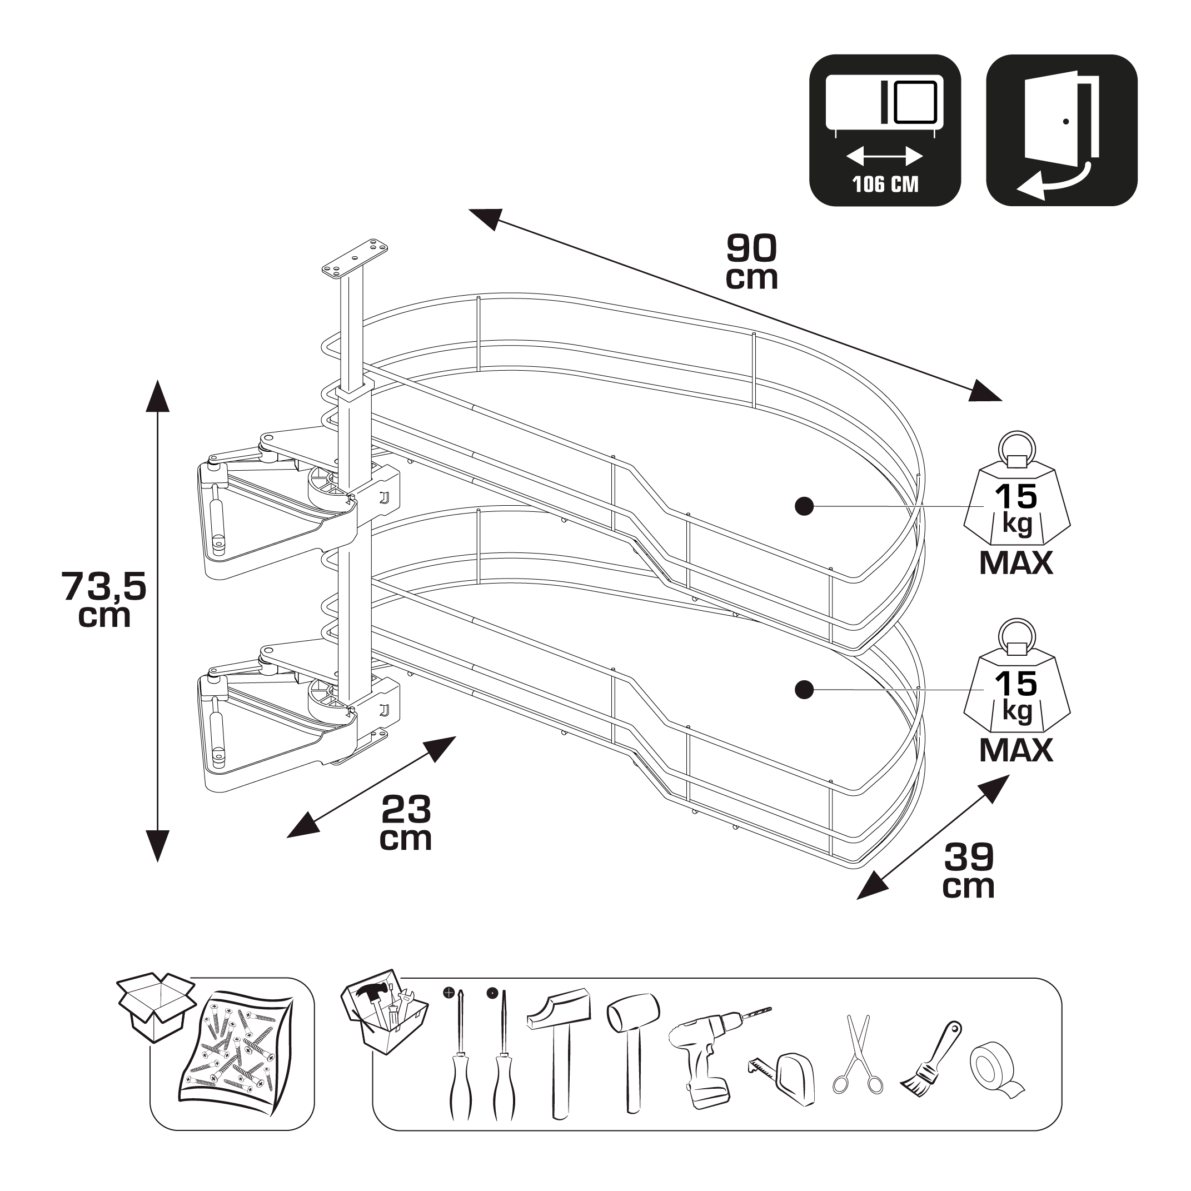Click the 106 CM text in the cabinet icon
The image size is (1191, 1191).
point(885,184)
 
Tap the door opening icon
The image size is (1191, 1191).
point(1061,130)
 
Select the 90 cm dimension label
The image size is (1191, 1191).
point(751,262)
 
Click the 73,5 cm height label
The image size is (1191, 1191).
point(104,599)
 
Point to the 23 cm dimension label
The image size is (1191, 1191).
point(406,823)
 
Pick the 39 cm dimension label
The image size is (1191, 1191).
point(969,870)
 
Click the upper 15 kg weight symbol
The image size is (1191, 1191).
point(1016,506)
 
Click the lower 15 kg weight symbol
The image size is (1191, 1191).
point(1016,693)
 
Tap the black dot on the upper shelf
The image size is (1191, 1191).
point(804,506)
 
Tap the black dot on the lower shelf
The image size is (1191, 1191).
point(804,690)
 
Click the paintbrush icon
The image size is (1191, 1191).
point(931,1059)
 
